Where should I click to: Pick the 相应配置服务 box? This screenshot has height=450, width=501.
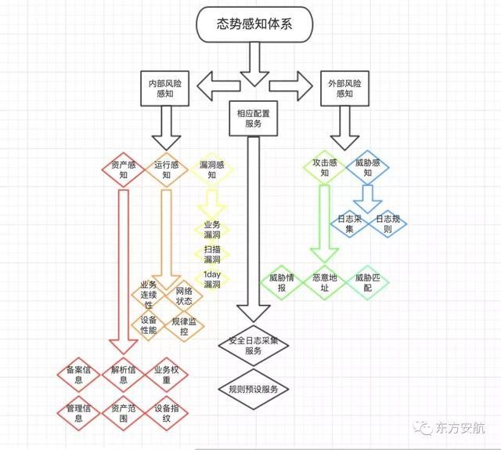pyautogui.click(x=253, y=118)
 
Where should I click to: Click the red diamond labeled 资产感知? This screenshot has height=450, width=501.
pyautogui.click(x=123, y=170)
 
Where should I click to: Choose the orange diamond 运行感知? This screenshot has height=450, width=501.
pyautogui.click(x=166, y=170)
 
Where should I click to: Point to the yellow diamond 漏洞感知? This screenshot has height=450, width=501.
pyautogui.click(x=211, y=170)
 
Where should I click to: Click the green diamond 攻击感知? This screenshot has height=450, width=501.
pyautogui.click(x=325, y=170)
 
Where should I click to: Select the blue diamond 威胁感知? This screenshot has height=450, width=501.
pyautogui.click(x=367, y=170)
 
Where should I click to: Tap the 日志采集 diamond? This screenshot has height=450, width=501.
pyautogui.click(x=345, y=223)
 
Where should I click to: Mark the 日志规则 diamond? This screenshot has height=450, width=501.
pyautogui.click(x=389, y=223)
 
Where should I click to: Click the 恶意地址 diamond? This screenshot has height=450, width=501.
pyautogui.click(x=324, y=283)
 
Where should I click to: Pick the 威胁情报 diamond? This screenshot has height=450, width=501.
pyautogui.click(x=281, y=283)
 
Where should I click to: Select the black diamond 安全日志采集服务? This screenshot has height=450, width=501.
pyautogui.click(x=253, y=346)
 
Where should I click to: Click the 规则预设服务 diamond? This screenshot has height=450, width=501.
pyautogui.click(x=253, y=389)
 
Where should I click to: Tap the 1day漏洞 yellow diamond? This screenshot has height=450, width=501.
pyautogui.click(x=211, y=279)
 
